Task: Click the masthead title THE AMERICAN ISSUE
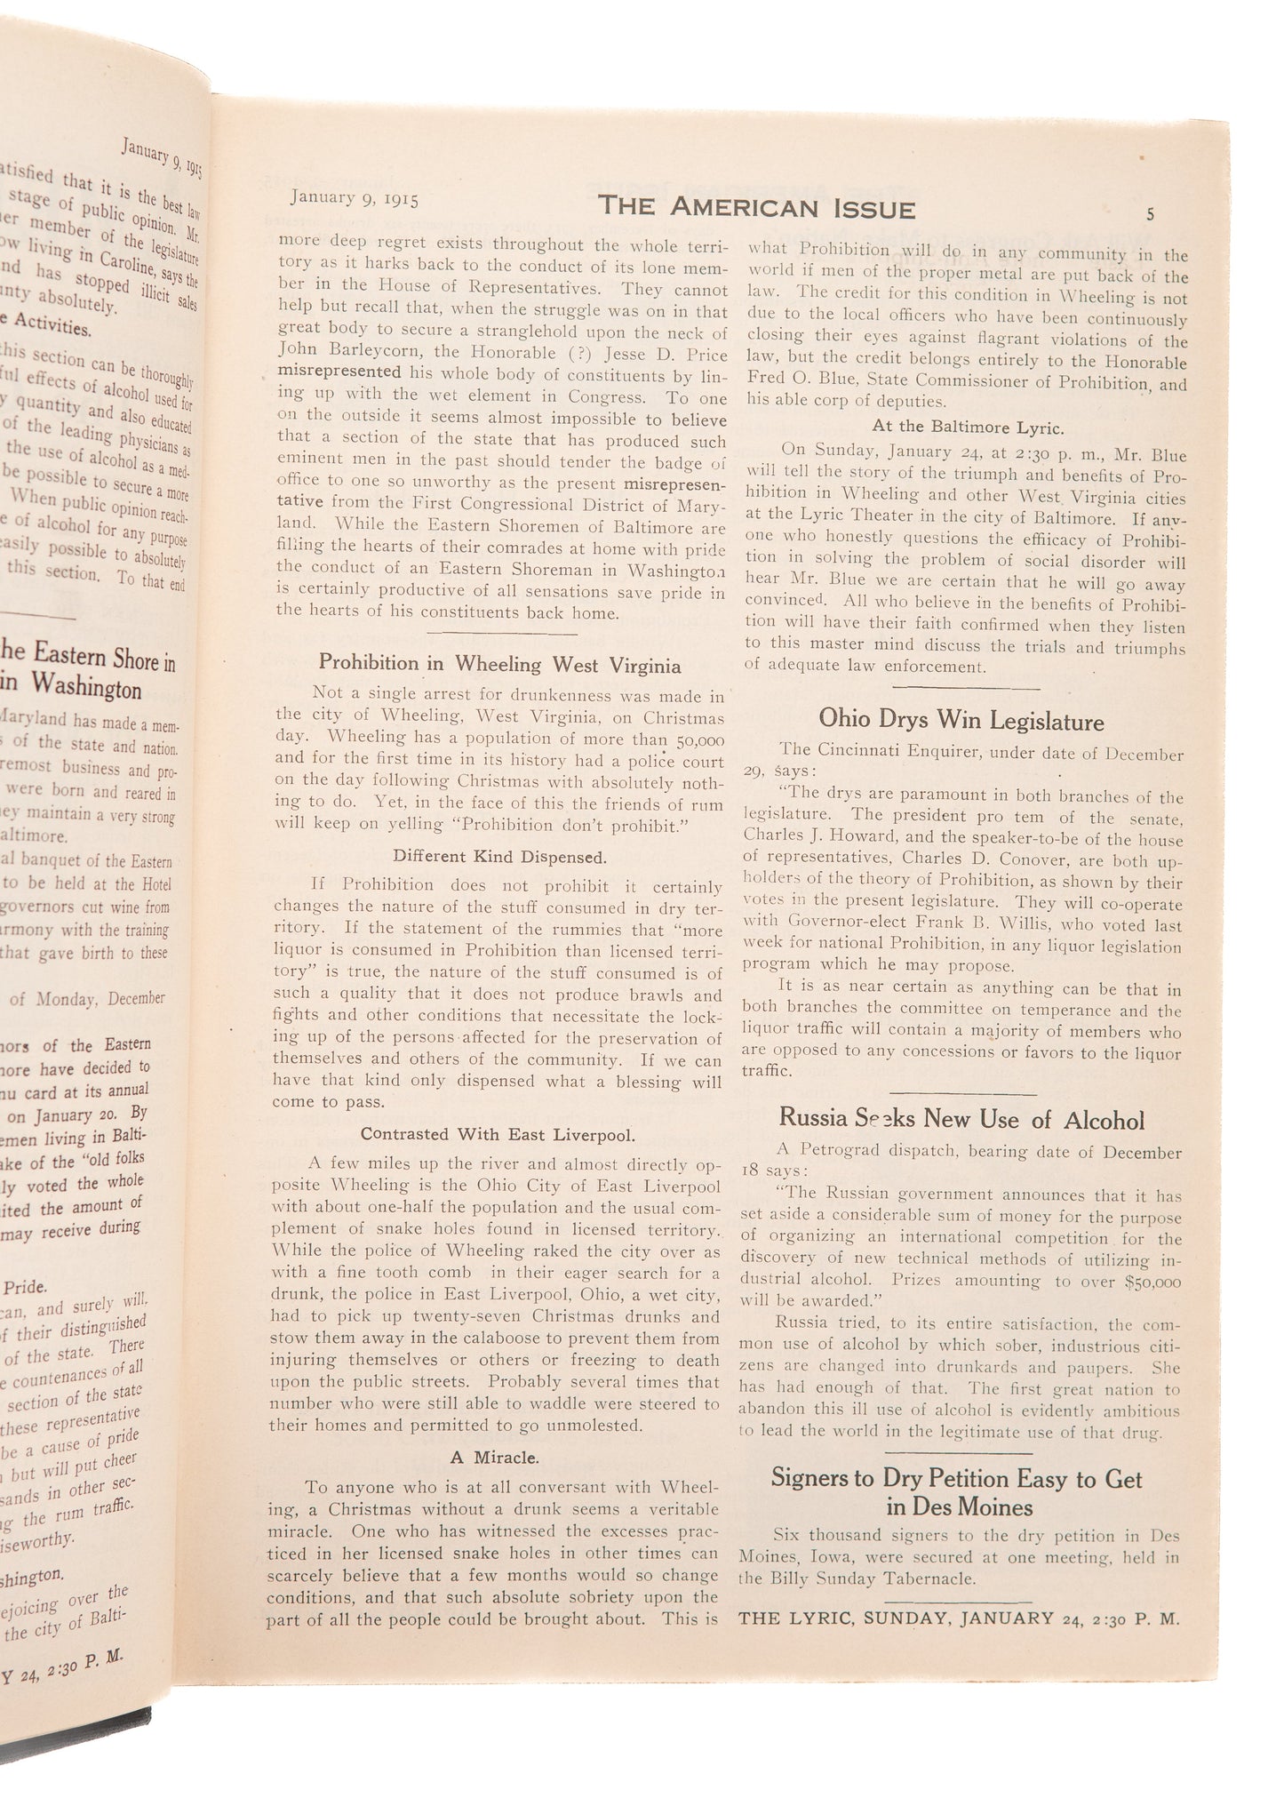coord(756,207)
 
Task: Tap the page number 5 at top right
coord(1151,213)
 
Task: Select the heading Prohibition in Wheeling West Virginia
coord(500,664)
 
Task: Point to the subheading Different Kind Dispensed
coord(500,858)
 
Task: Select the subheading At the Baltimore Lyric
coord(968,428)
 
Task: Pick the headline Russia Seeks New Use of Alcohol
coord(961,1119)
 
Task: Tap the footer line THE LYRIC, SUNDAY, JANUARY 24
coord(959,1618)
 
